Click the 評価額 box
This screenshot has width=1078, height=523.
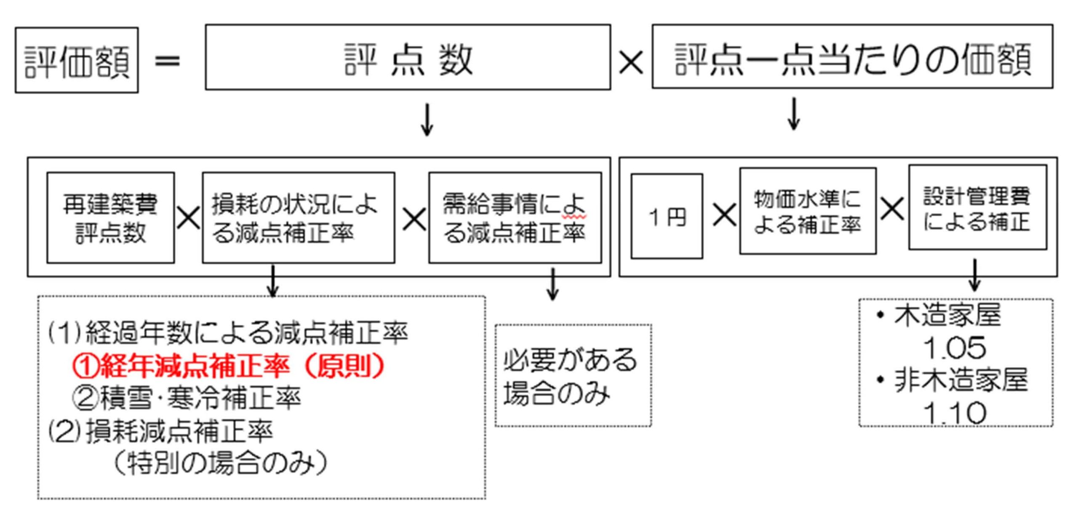click(77, 60)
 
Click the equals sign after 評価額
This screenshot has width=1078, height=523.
click(167, 61)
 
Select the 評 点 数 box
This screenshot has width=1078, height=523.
click(408, 57)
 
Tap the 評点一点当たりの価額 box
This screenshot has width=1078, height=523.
click(852, 56)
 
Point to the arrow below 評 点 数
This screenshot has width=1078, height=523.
click(427, 119)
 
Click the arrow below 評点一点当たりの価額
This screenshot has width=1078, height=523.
click(794, 114)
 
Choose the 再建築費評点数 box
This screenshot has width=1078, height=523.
click(110, 218)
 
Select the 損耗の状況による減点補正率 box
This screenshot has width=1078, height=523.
click(298, 218)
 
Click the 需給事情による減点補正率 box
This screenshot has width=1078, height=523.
click(515, 218)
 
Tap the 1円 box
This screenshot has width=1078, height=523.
click(667, 216)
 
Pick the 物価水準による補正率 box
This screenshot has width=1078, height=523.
click(808, 211)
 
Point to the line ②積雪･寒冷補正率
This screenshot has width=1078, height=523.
click(187, 398)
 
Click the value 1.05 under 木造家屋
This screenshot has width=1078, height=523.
click(954, 348)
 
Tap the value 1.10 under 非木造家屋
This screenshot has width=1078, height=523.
click(954, 413)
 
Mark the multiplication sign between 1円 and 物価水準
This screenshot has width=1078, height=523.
click(724, 215)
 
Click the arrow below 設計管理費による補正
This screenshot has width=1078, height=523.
click(975, 275)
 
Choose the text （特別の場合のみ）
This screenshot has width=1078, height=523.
click(220, 463)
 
